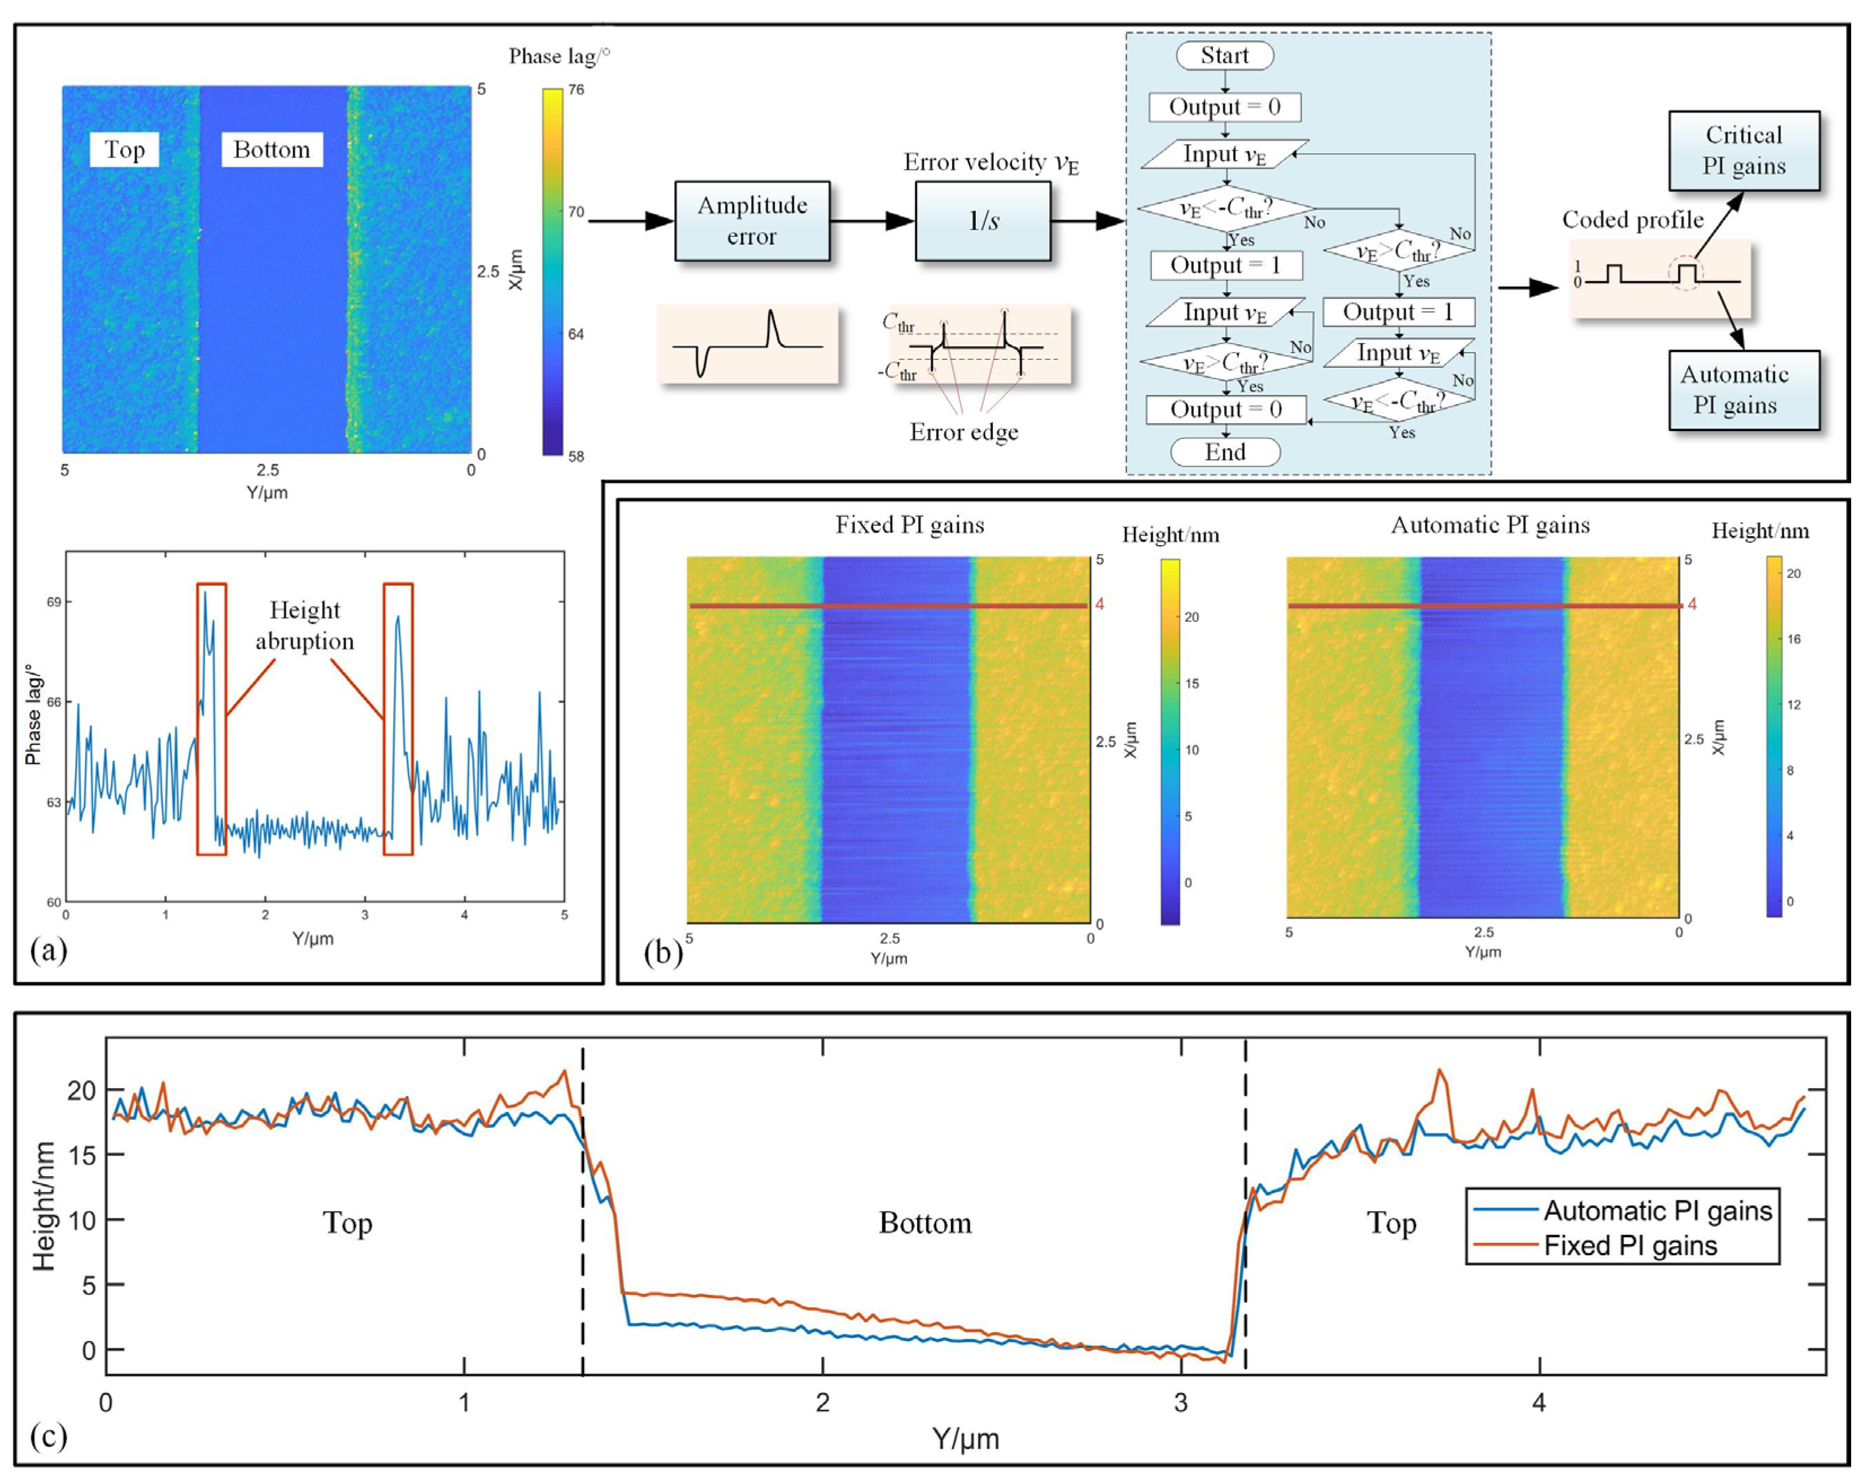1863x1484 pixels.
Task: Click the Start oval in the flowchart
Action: pos(1224,55)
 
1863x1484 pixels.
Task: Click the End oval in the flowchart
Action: pos(1224,451)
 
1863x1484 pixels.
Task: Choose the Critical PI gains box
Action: pos(1744,150)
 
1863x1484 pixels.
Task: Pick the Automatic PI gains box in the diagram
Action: pos(1744,390)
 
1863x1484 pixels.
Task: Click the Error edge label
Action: pos(963,431)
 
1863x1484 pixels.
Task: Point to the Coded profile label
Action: pos(1632,220)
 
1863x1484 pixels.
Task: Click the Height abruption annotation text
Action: pos(304,625)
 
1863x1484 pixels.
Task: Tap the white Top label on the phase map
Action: pos(124,150)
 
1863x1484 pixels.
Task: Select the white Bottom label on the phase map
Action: pos(271,150)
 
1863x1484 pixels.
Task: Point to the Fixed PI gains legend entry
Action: pos(1630,1246)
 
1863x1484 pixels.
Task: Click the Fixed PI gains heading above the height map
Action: pos(909,525)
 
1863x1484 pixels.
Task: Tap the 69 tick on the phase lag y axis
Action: pos(54,602)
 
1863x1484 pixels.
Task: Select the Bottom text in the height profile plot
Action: pos(924,1222)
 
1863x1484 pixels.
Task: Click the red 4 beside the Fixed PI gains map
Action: pos(1100,604)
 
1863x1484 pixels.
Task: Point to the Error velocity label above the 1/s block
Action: pos(991,163)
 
